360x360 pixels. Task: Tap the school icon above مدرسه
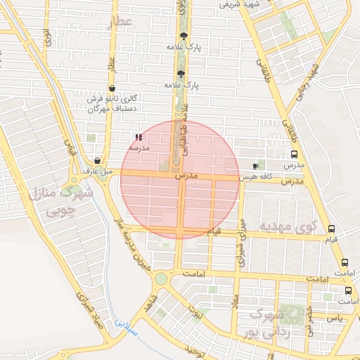(x=137, y=137)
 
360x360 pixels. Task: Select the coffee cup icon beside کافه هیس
(x=255, y=166)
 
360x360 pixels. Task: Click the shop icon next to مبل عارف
(x=97, y=160)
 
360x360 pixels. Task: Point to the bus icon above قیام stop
(x=332, y=229)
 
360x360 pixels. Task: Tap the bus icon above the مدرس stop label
(x=294, y=155)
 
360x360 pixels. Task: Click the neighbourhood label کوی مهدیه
(x=289, y=228)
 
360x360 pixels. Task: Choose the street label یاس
(x=336, y=318)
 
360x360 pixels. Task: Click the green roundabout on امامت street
(x=161, y=278)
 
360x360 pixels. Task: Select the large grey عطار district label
(x=120, y=23)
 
